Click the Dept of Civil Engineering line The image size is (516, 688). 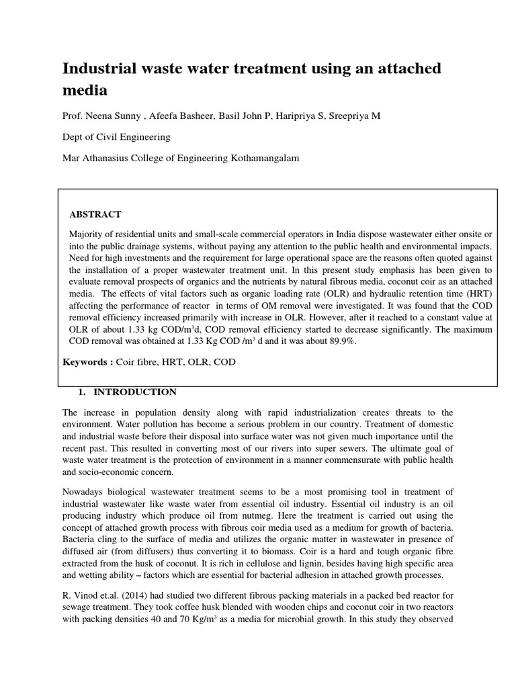tap(116, 137)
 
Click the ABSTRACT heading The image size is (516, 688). tap(95, 214)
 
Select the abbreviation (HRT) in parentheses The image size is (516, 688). tap(475, 293)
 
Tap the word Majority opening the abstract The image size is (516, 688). tap(88, 232)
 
